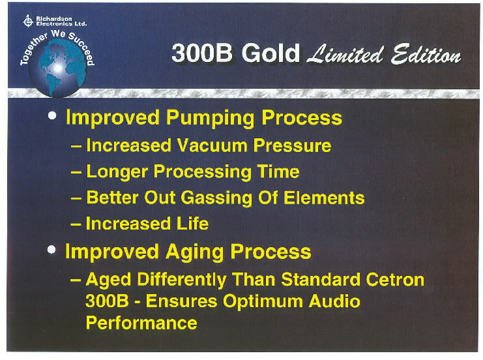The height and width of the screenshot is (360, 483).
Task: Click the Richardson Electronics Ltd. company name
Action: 61,21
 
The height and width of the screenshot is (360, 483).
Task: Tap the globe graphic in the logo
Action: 57,68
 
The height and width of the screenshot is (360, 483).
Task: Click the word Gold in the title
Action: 271,53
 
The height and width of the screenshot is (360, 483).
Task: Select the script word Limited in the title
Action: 345,54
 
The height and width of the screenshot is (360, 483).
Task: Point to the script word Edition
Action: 426,55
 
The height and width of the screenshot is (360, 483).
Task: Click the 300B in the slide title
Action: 202,53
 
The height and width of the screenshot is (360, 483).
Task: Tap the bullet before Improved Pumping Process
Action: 52,115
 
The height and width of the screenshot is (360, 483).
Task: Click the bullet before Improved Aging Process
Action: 51,250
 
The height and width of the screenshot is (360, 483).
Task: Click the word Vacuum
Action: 212,145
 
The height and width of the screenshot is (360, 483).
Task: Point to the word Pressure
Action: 292,145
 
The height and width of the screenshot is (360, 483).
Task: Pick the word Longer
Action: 117,172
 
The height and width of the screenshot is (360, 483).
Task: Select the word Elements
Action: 324,198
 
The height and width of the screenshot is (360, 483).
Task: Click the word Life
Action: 193,224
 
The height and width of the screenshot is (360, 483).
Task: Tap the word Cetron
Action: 395,280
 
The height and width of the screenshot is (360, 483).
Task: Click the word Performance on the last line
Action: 141,323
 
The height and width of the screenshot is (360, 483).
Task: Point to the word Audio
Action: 334,301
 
